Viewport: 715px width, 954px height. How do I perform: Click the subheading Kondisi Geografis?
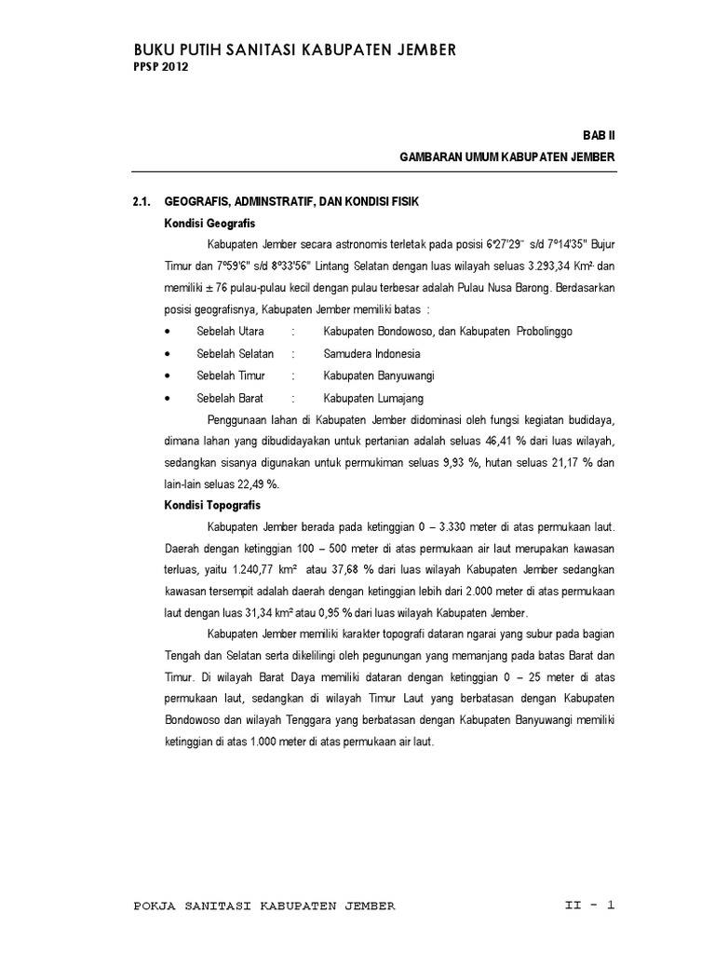tap(203, 223)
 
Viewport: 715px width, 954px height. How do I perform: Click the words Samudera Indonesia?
tap(371, 354)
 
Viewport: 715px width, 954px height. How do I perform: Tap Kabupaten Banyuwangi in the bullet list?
tap(380, 375)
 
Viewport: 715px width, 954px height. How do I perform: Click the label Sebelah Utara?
tap(231, 332)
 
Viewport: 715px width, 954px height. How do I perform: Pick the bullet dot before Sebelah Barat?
tap(167, 399)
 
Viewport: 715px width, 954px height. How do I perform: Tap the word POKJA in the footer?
tap(156, 906)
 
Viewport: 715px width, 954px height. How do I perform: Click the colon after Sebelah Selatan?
tap(293, 354)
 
